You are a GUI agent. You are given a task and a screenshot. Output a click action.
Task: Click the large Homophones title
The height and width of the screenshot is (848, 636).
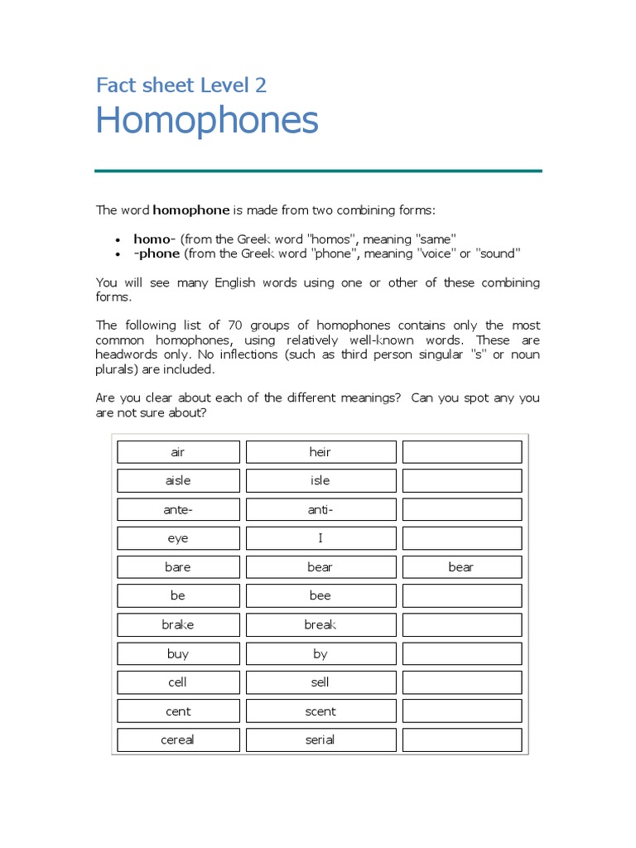point(206,121)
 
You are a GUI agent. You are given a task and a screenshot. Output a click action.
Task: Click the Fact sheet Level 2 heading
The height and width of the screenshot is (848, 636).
point(181,84)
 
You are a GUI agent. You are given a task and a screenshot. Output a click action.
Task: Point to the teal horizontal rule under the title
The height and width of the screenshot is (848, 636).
point(318,171)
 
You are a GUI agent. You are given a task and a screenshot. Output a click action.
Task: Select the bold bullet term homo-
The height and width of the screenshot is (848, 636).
point(154,238)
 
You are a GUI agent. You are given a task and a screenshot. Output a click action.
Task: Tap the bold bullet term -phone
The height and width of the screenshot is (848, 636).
point(157,253)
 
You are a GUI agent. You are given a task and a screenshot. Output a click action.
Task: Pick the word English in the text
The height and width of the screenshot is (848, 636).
point(236,282)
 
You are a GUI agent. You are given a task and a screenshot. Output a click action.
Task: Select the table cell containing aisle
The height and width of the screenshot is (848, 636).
point(178,480)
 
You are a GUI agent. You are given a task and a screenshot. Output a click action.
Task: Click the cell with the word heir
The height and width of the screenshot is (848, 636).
point(320,452)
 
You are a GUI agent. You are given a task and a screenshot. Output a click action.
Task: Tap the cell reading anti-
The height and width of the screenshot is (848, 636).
point(320,509)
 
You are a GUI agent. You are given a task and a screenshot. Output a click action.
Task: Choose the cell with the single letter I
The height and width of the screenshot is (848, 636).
point(320,538)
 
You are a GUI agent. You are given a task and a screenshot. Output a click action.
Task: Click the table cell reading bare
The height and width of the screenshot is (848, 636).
point(178,567)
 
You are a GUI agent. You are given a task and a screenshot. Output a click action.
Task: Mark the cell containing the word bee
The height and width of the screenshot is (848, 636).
point(320,595)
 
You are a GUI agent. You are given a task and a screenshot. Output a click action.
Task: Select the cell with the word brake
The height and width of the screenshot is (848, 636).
point(178,624)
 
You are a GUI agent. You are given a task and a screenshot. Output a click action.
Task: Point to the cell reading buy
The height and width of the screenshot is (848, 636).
point(178,653)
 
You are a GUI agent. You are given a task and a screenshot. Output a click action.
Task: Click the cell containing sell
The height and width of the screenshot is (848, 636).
point(320,682)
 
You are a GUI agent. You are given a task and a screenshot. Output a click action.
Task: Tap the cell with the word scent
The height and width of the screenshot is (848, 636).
point(320,711)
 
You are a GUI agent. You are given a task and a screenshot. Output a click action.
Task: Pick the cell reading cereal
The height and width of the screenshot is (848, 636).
point(178,740)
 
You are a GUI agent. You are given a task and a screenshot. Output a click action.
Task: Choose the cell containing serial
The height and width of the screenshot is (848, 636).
point(320,740)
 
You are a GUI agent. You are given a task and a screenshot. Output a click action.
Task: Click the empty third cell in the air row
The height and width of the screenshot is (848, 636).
point(462,452)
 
